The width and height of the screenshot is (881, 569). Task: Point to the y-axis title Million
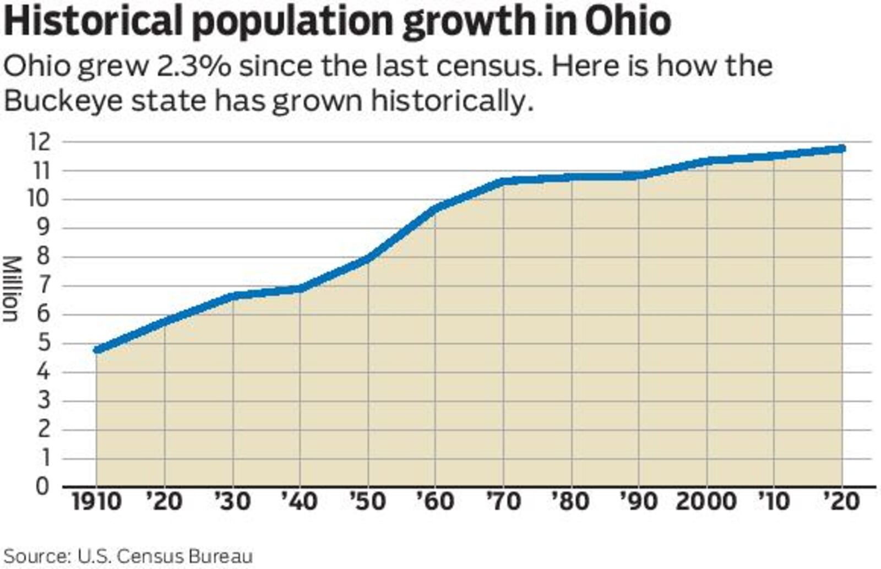coord(11,288)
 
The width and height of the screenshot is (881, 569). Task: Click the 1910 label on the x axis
coord(96,502)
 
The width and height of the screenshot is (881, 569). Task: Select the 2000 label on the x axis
coord(706,502)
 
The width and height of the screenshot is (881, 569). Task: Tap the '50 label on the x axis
coord(367,502)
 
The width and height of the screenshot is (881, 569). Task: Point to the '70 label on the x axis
coord(503,502)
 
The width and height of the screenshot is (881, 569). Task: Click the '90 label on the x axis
coord(639,502)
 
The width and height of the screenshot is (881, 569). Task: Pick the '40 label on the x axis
coord(300,502)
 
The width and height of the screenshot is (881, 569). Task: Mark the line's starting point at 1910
coord(97,349)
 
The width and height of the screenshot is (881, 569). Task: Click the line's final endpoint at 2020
coord(841,149)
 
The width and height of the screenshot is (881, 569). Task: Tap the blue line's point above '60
coord(436,208)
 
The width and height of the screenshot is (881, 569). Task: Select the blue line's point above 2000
coord(706,161)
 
